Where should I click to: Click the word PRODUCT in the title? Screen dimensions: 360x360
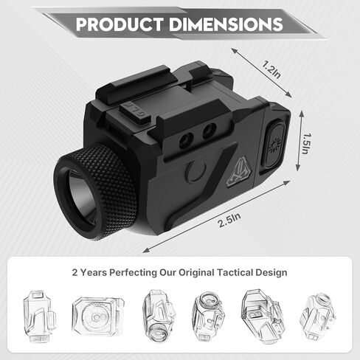(120, 24)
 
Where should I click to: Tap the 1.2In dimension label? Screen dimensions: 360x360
(271, 69)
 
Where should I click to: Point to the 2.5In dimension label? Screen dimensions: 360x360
(229, 220)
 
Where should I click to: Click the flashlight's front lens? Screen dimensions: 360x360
(79, 197)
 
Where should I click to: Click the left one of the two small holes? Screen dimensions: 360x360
(185, 140)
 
